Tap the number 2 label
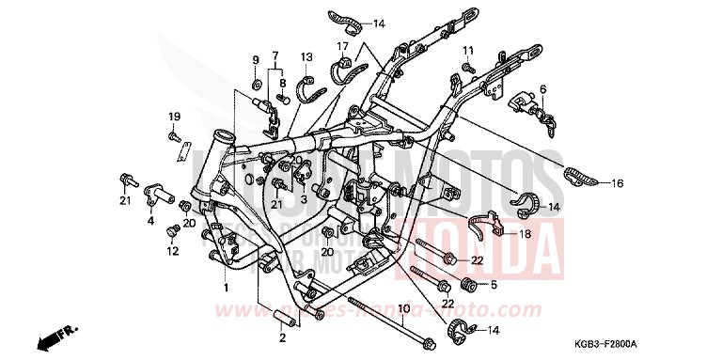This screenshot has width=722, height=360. [x=280, y=337]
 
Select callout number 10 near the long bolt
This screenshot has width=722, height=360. [x=401, y=308]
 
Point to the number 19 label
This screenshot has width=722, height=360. [x=174, y=117]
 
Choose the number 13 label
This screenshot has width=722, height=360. [x=306, y=57]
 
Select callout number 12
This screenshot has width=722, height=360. [x=172, y=251]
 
